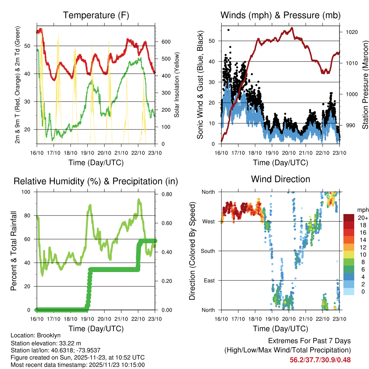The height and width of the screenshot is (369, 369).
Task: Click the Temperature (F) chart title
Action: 96,15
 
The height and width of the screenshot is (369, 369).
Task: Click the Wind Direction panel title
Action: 280,179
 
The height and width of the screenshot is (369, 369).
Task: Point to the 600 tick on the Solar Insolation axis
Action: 165,42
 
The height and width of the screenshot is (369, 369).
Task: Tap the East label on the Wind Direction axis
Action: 210,280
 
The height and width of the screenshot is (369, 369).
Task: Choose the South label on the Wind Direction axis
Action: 208,251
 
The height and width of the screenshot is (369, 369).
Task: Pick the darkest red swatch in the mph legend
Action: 349,218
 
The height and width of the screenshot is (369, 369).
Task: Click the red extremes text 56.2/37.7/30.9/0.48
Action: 320,360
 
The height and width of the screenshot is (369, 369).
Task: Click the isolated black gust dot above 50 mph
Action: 228,30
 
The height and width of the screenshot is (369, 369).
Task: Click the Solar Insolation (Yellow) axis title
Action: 177,85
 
